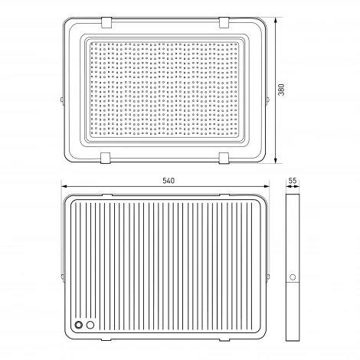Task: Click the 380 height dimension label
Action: (x=281, y=90)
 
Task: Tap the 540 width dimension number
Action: (x=169, y=181)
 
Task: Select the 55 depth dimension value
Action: (x=293, y=181)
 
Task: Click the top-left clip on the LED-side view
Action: (x=106, y=22)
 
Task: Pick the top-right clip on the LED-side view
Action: (x=224, y=22)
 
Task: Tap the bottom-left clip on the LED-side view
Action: (x=105, y=158)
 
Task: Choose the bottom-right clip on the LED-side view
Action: (x=224, y=158)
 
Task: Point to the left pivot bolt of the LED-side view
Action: (x=62, y=100)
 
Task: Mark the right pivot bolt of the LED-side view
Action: (x=268, y=100)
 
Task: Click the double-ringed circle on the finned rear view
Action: (x=79, y=325)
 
